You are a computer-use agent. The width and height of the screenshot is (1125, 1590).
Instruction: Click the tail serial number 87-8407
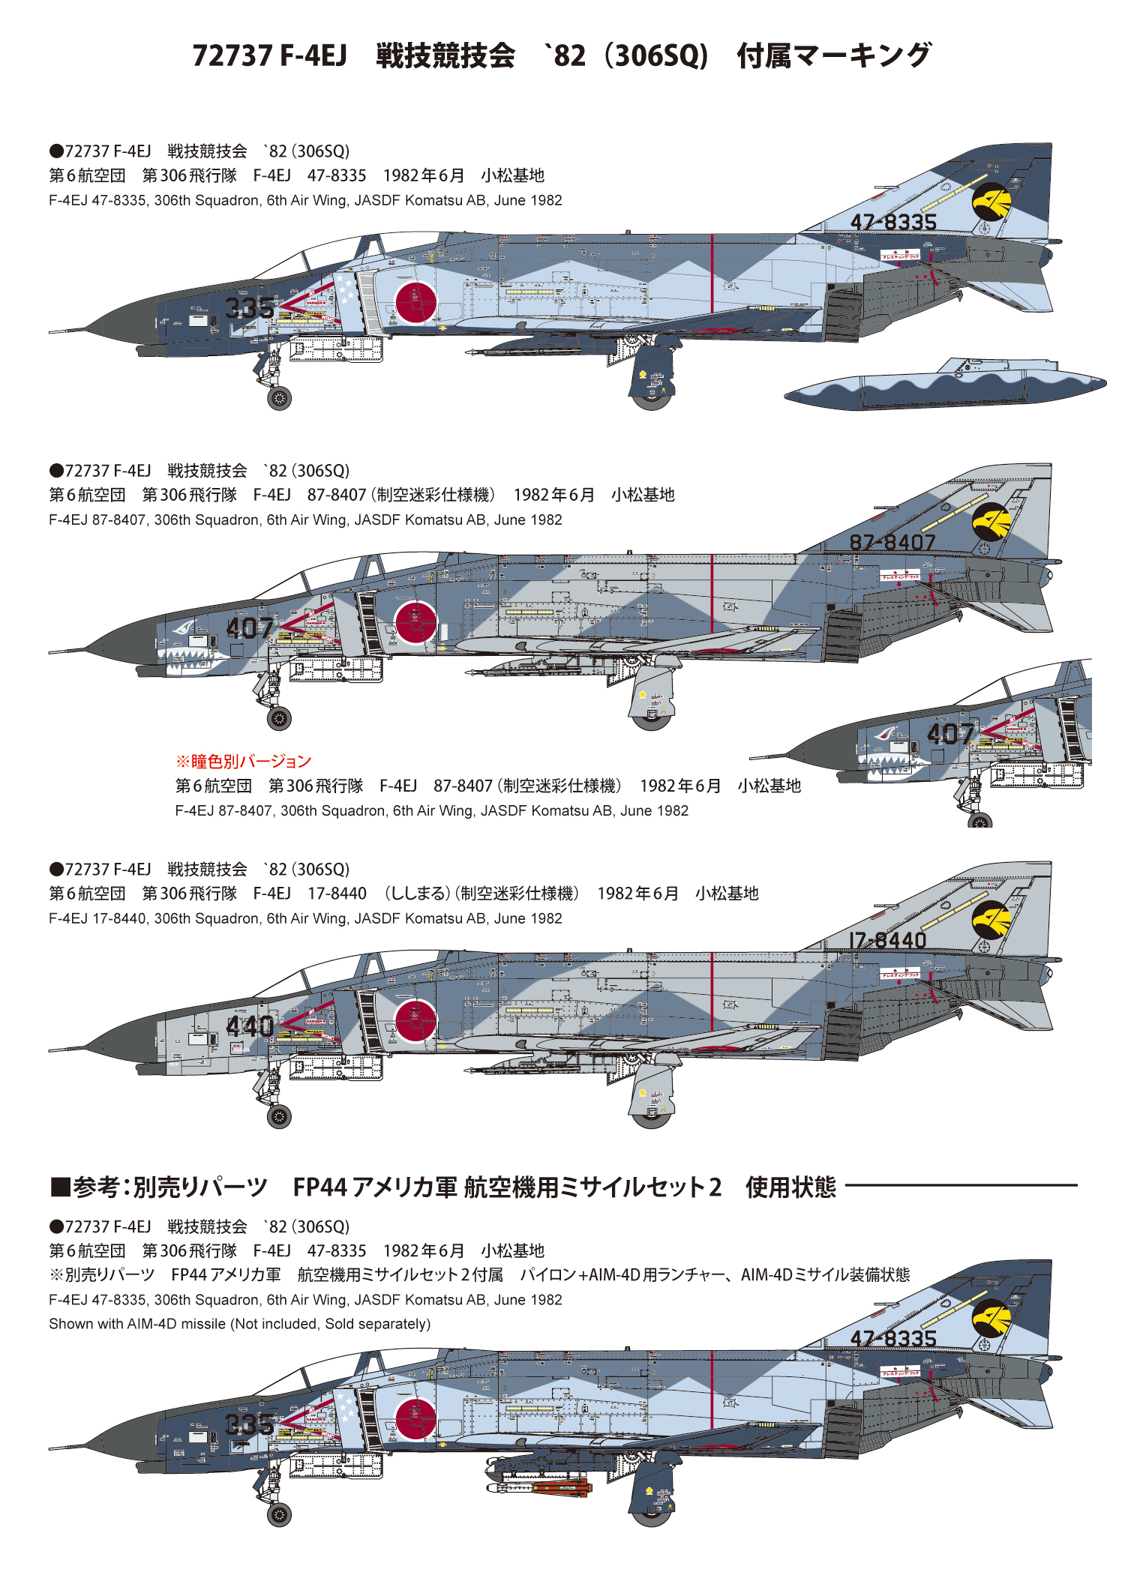(892, 541)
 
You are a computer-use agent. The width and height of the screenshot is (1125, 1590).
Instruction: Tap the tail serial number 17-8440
(887, 939)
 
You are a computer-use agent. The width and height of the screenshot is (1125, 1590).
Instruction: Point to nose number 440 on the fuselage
(250, 1026)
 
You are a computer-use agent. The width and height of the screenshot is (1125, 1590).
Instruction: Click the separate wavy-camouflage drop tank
(945, 385)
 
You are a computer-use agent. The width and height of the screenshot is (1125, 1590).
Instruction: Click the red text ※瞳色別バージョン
(243, 762)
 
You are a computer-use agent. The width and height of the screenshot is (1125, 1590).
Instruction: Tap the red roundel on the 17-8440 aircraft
(415, 1021)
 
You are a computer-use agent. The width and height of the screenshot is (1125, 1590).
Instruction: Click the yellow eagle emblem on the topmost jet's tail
(991, 201)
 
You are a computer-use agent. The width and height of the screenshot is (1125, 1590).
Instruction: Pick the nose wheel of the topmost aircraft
(279, 398)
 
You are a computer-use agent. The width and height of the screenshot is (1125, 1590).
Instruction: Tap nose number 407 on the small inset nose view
(949, 734)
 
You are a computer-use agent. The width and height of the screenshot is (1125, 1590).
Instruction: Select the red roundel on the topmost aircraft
(415, 302)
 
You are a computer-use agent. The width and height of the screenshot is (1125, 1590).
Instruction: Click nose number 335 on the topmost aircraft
(250, 307)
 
